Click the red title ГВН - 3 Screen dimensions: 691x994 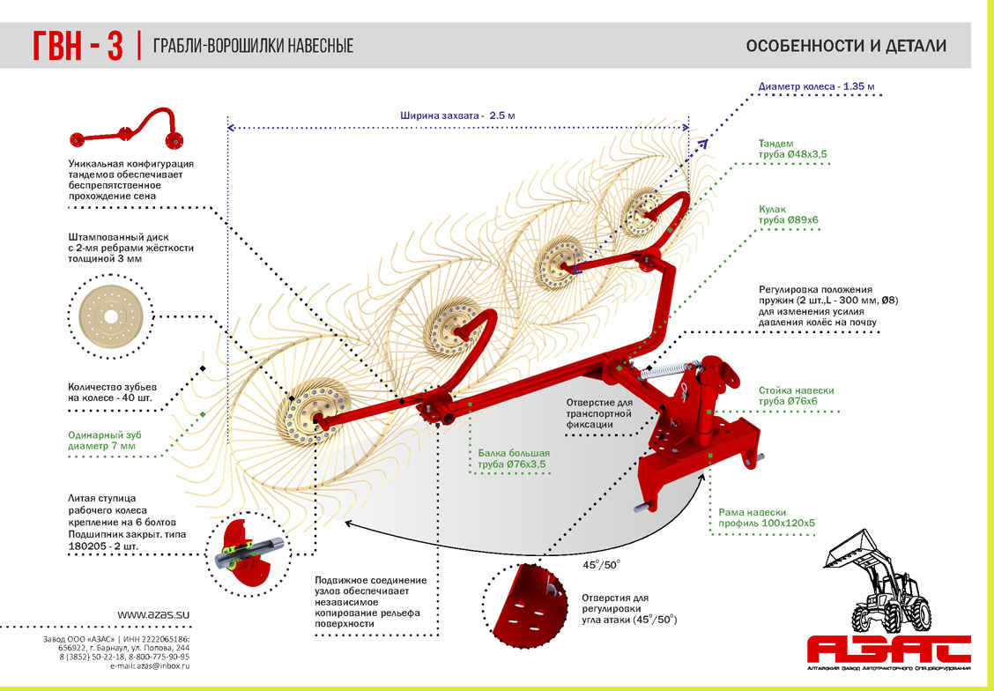(77, 45)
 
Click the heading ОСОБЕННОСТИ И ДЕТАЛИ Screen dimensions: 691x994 (846, 46)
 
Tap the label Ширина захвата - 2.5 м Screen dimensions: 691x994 (457, 115)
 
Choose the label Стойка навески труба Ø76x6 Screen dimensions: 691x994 (796, 396)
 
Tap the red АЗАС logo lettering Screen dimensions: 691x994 (889, 650)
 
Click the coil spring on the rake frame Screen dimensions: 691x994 (664, 371)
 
